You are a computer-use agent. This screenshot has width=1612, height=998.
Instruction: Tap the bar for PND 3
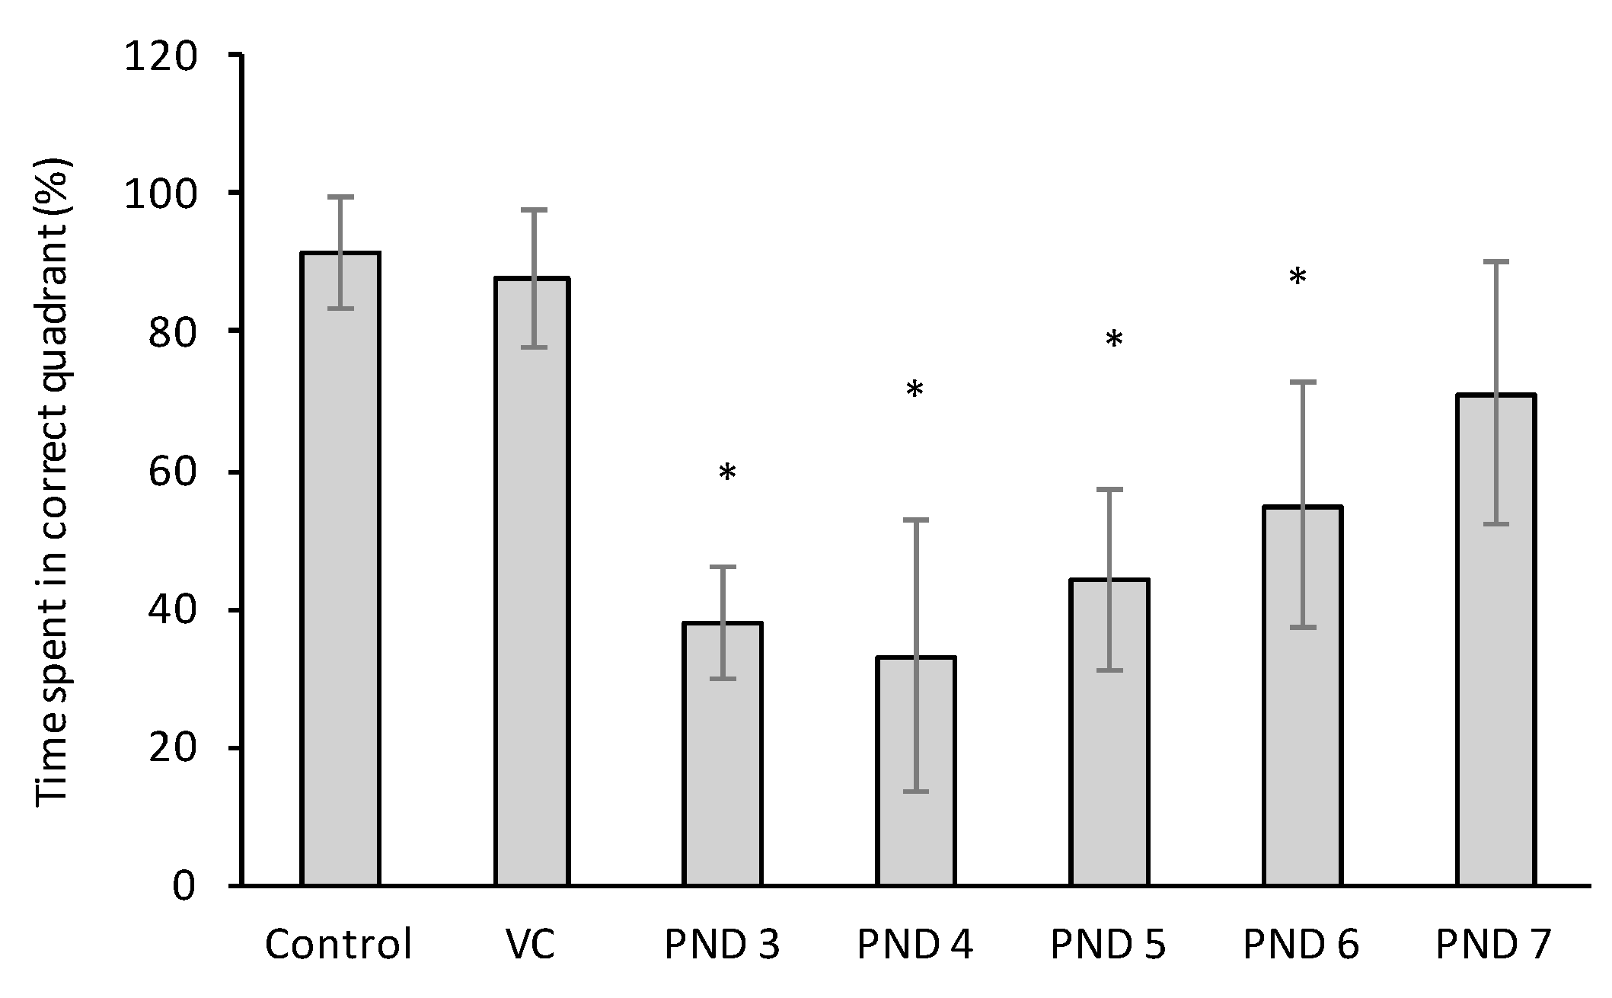point(723,753)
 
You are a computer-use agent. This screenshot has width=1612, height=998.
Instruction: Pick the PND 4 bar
point(916,770)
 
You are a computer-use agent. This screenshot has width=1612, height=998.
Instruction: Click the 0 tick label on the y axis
point(184,886)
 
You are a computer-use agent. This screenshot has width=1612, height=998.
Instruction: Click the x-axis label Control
point(338,945)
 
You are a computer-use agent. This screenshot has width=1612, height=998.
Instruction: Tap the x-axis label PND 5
point(1108,945)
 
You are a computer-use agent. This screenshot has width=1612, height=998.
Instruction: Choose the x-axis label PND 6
point(1301,945)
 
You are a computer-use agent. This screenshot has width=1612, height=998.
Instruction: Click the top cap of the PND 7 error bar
point(1495,262)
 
